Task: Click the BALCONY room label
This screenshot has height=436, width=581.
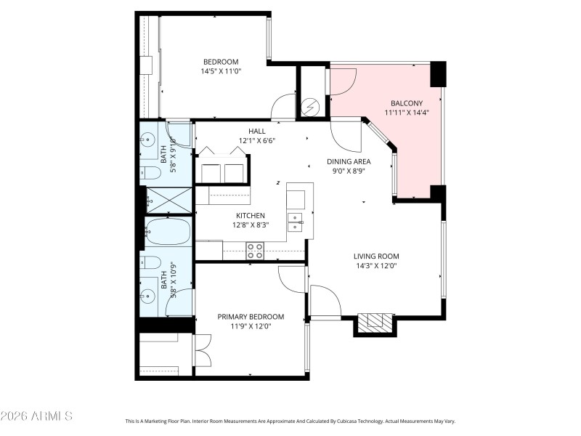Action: (405, 102)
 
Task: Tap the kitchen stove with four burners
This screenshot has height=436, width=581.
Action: (255, 250)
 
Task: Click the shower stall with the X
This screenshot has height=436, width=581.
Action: (168, 200)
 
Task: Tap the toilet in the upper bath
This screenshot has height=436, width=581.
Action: (152, 173)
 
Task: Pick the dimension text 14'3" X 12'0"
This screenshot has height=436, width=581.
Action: (376, 266)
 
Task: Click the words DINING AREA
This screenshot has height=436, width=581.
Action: (349, 161)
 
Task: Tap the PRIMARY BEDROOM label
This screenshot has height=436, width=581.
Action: (251, 317)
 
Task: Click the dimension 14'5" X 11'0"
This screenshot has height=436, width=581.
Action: (221, 71)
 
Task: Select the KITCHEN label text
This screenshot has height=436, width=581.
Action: (250, 215)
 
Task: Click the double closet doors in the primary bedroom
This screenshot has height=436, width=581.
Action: (202, 350)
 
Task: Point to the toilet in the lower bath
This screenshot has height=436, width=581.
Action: (152, 262)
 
